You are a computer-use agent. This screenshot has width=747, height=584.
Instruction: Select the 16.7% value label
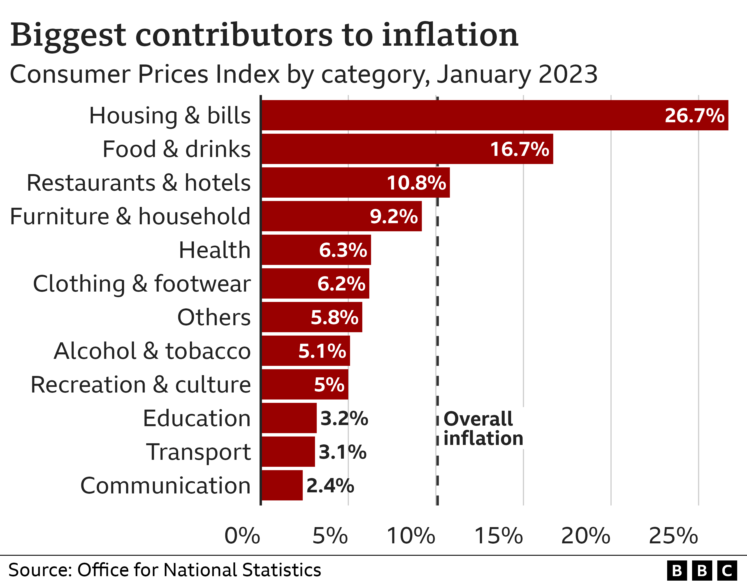coord(519,149)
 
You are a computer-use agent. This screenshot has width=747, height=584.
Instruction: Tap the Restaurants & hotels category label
coord(138,183)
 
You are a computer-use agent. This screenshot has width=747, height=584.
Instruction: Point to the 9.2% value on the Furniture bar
coord(394,216)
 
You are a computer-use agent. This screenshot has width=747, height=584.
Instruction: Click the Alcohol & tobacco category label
coord(152,351)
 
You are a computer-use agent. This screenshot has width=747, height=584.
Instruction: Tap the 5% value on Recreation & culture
coord(329,385)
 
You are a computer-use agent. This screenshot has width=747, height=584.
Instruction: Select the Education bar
coord(289,418)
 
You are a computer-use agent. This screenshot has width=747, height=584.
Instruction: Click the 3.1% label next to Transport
coord(342,452)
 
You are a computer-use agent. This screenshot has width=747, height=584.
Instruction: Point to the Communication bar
coord(282,485)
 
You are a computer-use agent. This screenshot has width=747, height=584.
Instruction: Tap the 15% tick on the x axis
coord(498,536)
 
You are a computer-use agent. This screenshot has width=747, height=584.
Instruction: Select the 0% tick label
coord(242,536)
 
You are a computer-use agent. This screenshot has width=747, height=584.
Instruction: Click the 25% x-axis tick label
coord(673,536)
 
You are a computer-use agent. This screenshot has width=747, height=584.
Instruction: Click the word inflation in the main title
coord(450,35)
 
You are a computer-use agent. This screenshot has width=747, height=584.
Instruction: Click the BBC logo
coord(702,571)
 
